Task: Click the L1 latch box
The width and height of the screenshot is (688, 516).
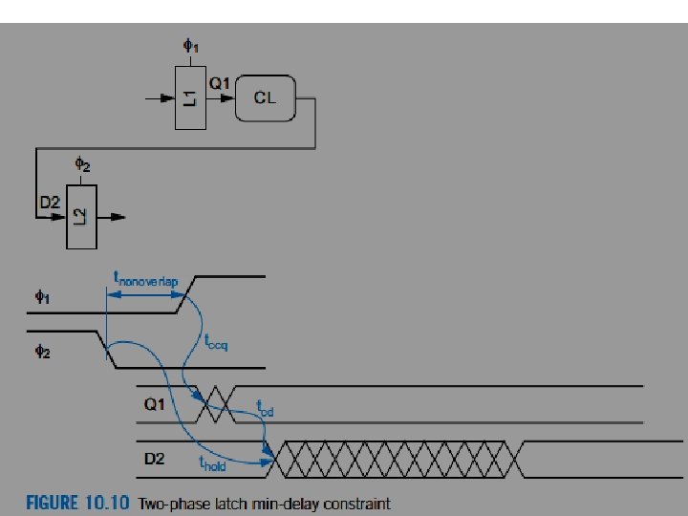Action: coord(191,97)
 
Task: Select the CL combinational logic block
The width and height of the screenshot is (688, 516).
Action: coord(265,97)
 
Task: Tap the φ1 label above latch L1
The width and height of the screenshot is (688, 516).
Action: coord(190,45)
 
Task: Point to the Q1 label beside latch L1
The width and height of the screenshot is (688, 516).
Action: coord(220,83)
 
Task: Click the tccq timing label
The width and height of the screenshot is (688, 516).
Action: coord(216,341)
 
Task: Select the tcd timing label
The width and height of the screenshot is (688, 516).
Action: coord(266,408)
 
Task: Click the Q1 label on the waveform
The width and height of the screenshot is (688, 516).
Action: coord(156,404)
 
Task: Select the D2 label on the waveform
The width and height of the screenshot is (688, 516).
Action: coord(156,460)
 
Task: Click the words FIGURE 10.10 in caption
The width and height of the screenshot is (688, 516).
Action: coord(78,503)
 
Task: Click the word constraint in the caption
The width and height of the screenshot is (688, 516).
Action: coord(355,503)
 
